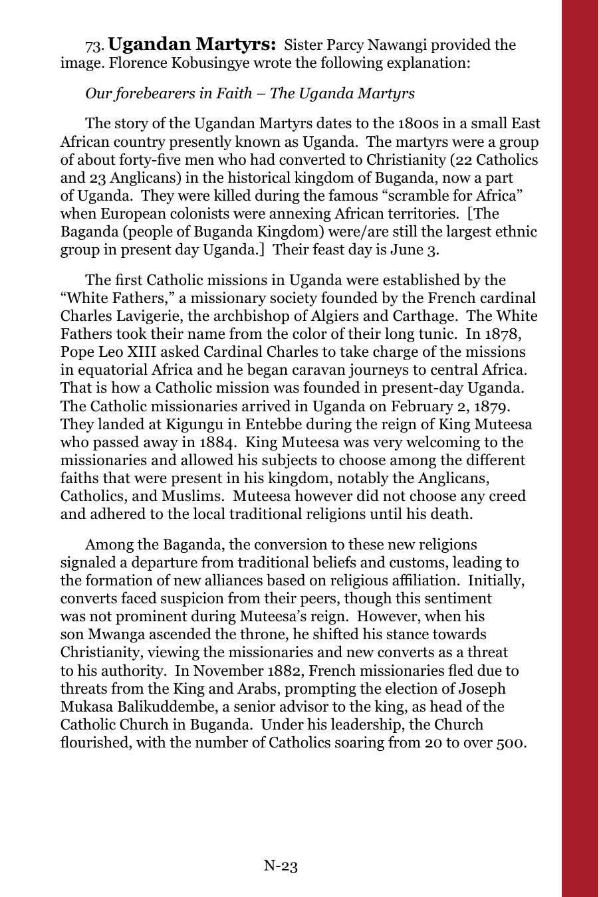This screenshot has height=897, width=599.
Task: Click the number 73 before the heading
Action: (x=94, y=46)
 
